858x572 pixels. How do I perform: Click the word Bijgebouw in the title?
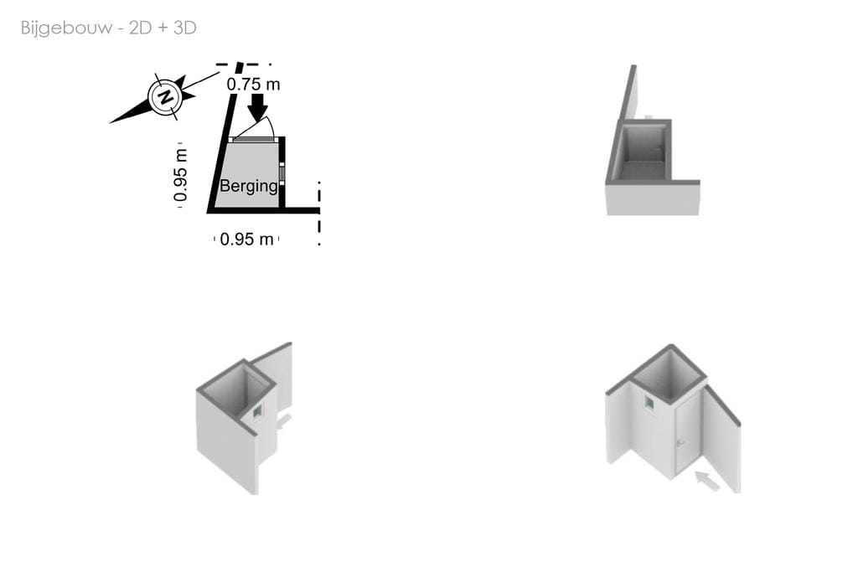pos(67,28)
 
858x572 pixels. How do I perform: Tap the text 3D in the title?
pos(185,28)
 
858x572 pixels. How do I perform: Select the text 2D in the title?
pos(140,28)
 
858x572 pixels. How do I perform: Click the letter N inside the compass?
pos(165,97)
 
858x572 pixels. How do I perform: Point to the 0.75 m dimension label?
pos(253,85)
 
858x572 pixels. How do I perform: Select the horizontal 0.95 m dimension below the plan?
pos(246,239)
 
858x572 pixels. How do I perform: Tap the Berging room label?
pos(249,186)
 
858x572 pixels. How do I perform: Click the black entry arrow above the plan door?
pos(257,107)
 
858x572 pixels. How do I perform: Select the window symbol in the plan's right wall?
pos(282,173)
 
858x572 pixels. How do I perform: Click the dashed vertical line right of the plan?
pos(319,214)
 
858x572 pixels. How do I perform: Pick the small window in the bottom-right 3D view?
pos(649,403)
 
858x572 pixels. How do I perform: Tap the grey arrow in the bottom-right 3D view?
pos(707,481)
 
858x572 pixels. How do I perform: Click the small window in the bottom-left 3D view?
pos(257,410)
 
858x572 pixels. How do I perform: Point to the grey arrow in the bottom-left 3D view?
pos(284,421)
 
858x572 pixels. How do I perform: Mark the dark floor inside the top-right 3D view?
pos(640,169)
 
